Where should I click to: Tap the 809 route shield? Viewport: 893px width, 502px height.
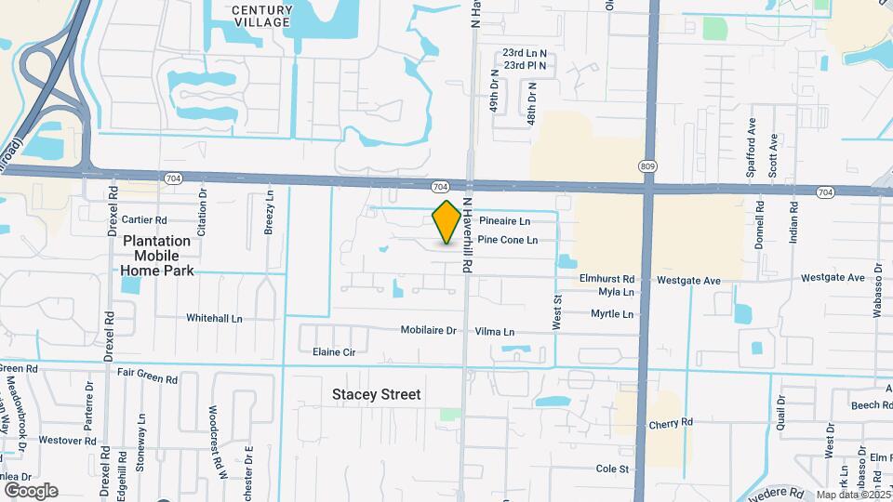[647, 165]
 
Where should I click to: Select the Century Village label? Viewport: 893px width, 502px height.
[261, 16]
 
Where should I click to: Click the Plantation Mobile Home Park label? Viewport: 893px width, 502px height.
[157, 256]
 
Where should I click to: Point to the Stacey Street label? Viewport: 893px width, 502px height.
[377, 394]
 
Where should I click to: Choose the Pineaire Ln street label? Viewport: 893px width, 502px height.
[504, 221]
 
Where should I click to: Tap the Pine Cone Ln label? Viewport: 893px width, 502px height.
[507, 240]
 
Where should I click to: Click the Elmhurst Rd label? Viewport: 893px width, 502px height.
[606, 278]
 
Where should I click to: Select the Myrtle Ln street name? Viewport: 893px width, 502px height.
[612, 314]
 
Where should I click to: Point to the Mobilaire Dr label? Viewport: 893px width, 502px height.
[429, 330]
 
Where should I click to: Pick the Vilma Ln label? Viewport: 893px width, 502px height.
[495, 331]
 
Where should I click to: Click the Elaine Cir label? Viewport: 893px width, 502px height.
[334, 352]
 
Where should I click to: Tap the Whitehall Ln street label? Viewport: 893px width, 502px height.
[214, 318]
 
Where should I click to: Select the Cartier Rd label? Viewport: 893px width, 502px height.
[143, 220]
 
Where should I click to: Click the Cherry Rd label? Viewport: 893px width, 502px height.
[672, 422]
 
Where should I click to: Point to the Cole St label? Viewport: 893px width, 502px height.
[613, 469]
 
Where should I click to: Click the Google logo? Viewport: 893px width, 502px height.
[31, 491]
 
